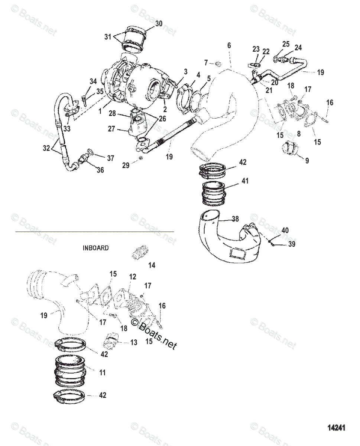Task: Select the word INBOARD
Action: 96,248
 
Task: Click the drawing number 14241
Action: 336,428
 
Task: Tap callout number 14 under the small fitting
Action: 152,265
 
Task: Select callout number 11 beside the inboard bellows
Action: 102,371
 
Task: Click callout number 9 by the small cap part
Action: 307,161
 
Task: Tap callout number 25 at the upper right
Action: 286,44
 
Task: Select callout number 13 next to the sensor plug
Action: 133,342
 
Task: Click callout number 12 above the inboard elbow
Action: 133,277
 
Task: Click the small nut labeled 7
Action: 219,63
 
